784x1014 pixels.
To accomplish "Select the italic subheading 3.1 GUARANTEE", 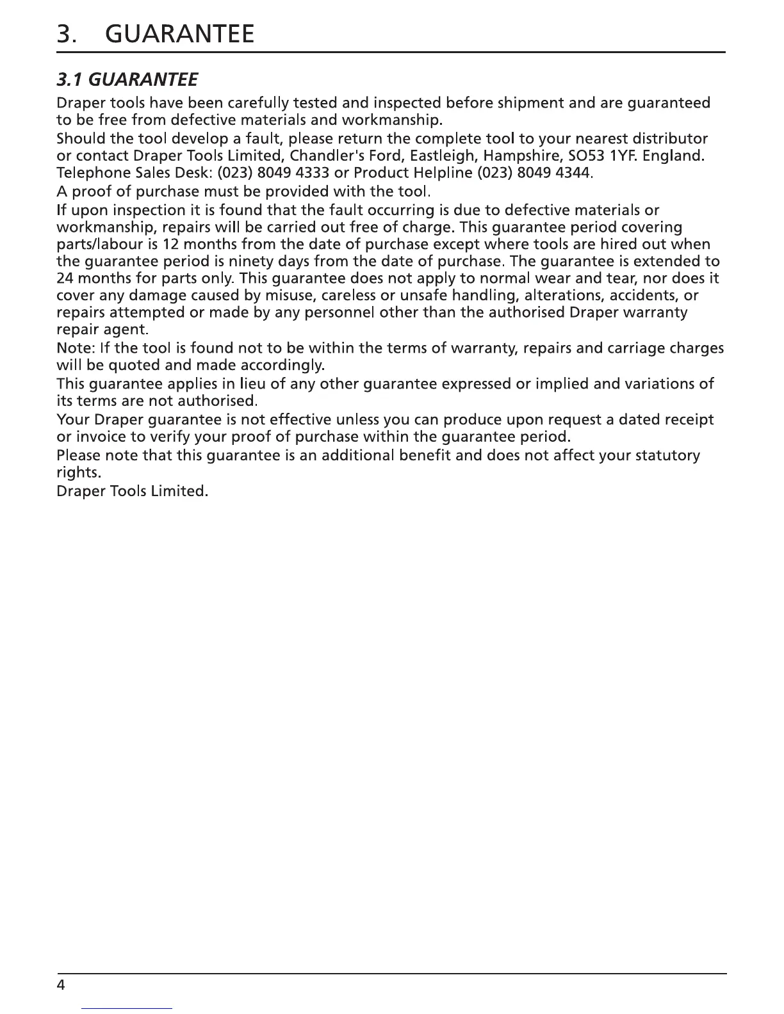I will pyautogui.click(x=127, y=80).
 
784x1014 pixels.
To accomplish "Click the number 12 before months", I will pyautogui.click(x=170, y=245).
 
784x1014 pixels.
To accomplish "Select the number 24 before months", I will pyautogui.click(x=65, y=279).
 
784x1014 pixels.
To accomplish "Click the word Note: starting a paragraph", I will pyautogui.click(x=76, y=348).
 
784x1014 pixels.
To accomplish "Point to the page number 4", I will pyautogui.click(x=61, y=985).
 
